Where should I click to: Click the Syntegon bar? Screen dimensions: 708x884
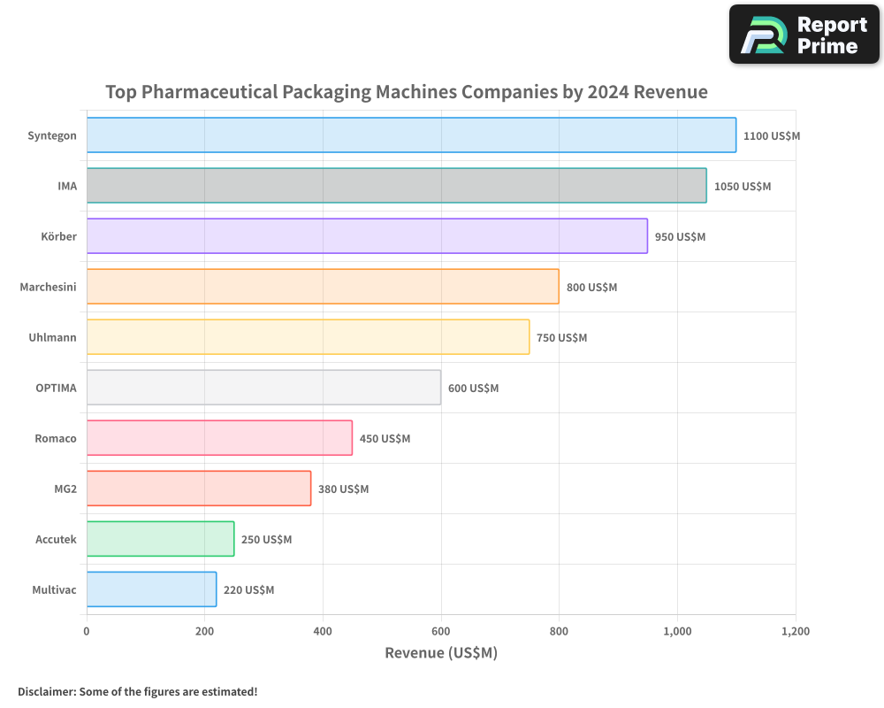(411, 135)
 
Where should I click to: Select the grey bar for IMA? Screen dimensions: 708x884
(396, 186)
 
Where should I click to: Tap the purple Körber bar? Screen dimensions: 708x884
(367, 236)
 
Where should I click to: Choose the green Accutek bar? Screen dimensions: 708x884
(160, 539)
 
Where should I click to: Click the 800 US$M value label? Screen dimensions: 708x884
(591, 288)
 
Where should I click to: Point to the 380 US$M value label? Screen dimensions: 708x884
(343, 489)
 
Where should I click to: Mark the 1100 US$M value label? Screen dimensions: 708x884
(772, 136)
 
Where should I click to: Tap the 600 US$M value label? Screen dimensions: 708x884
(473, 389)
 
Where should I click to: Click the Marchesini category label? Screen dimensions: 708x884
(48, 287)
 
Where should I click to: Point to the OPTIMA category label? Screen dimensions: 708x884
(56, 388)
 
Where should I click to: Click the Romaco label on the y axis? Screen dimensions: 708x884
(56, 438)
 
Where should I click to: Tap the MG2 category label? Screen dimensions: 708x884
(65, 489)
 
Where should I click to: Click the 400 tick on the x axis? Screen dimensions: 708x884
(323, 632)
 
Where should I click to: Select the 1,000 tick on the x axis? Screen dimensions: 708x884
(677, 632)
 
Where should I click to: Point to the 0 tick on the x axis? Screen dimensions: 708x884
(87, 632)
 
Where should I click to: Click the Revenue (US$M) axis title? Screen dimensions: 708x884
(441, 653)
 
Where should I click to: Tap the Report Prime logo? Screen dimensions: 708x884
(804, 35)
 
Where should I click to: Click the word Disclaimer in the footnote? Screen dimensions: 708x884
(46, 692)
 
